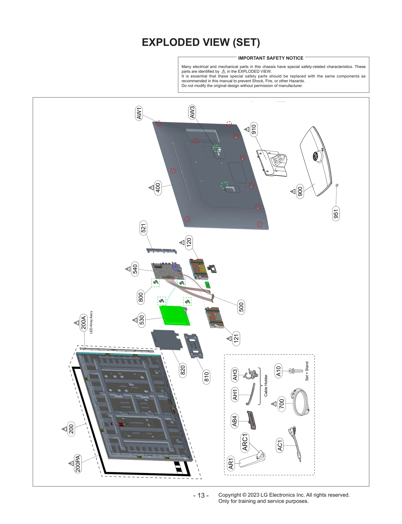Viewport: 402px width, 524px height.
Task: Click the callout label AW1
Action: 139,113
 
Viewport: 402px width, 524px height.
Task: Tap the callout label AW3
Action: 192,112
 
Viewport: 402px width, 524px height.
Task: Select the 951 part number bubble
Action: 336,214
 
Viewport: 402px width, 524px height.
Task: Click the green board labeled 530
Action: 175,316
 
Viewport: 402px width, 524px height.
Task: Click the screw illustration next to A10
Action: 296,371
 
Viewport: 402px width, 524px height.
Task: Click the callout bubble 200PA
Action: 78,464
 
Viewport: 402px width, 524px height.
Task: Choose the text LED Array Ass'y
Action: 91,322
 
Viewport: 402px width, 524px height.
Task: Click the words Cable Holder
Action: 266,385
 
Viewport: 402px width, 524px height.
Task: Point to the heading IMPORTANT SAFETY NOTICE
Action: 271,58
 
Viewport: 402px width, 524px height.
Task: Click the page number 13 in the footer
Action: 201,495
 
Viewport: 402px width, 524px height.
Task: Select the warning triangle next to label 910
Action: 247,129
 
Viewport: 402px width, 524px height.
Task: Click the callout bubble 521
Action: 143,228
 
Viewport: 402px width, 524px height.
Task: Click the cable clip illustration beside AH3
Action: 251,374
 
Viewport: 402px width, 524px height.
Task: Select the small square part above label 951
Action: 337,185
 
